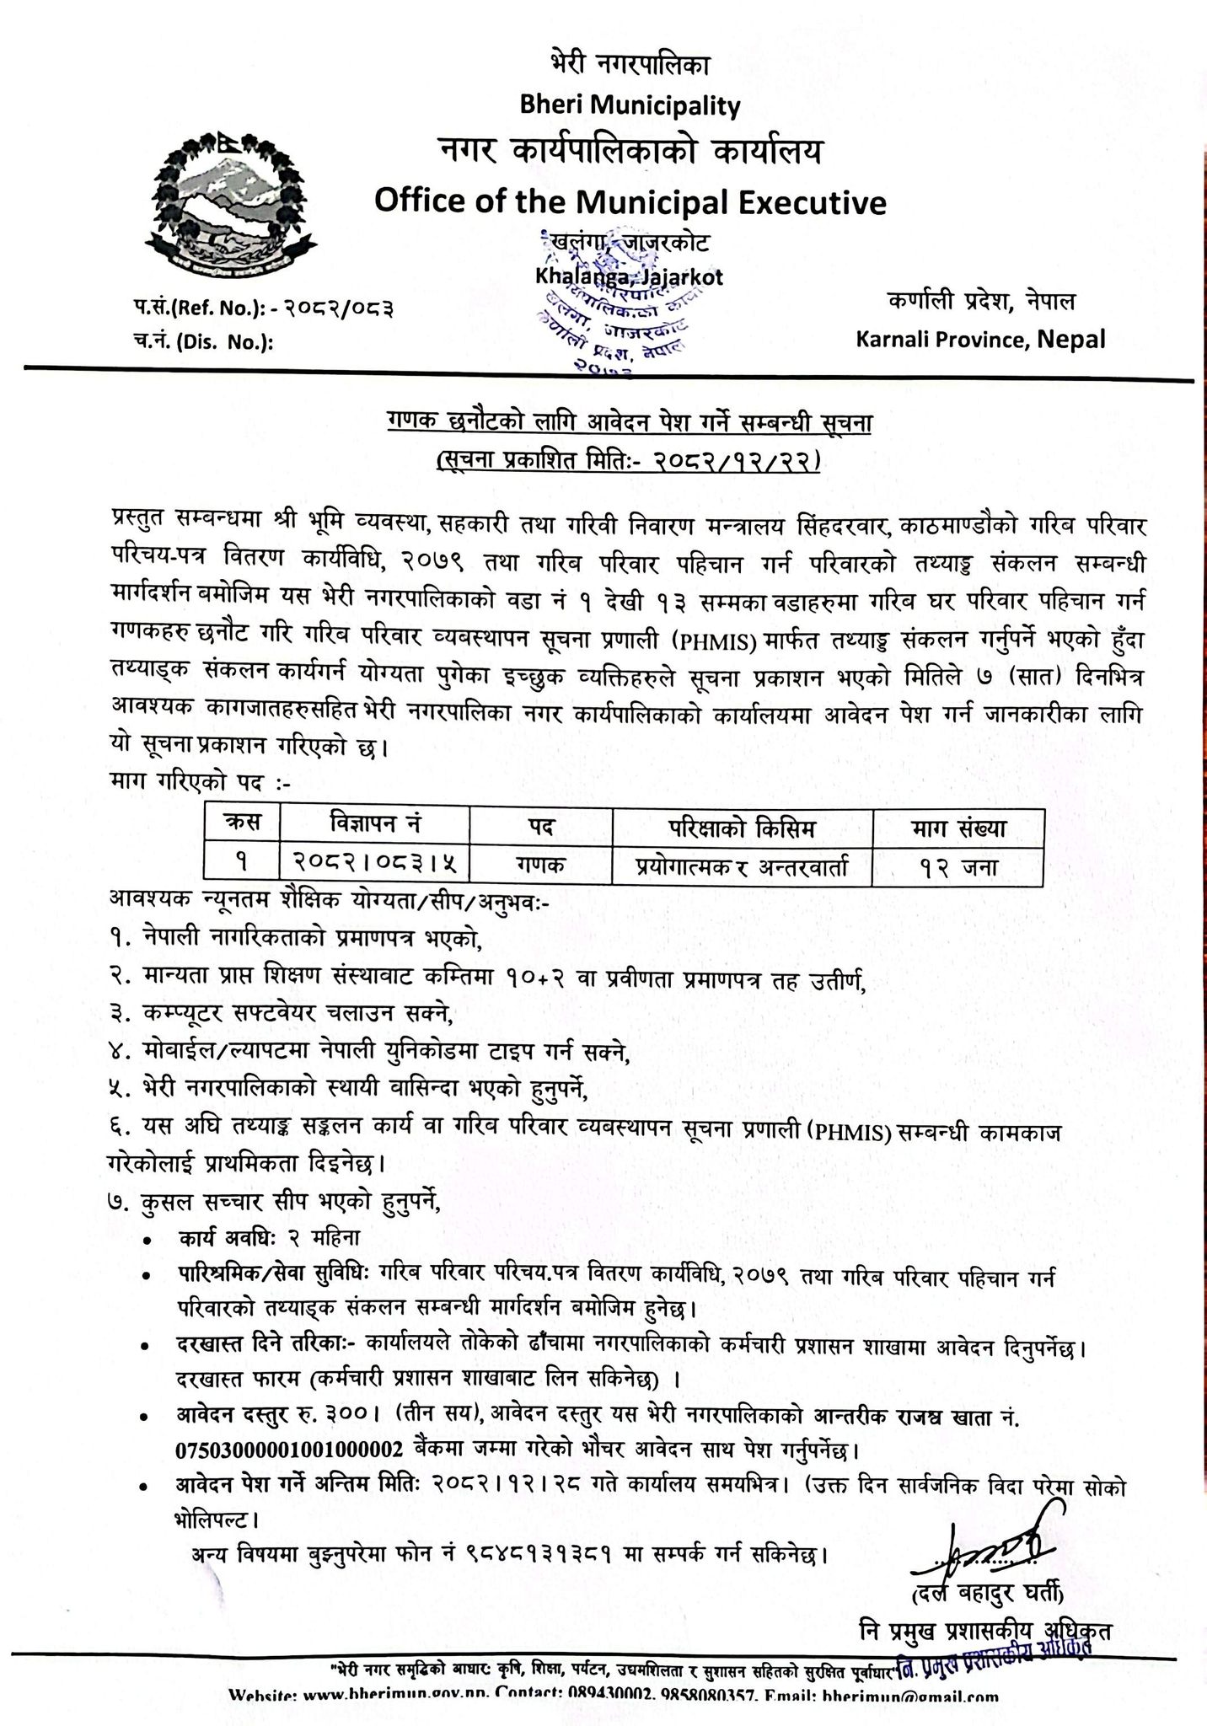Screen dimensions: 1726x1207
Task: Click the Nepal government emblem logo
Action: [225, 202]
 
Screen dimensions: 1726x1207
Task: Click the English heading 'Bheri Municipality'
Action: [630, 106]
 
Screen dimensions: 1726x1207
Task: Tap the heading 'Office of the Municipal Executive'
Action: [630, 203]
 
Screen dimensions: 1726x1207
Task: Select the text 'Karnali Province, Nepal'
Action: [979, 339]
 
